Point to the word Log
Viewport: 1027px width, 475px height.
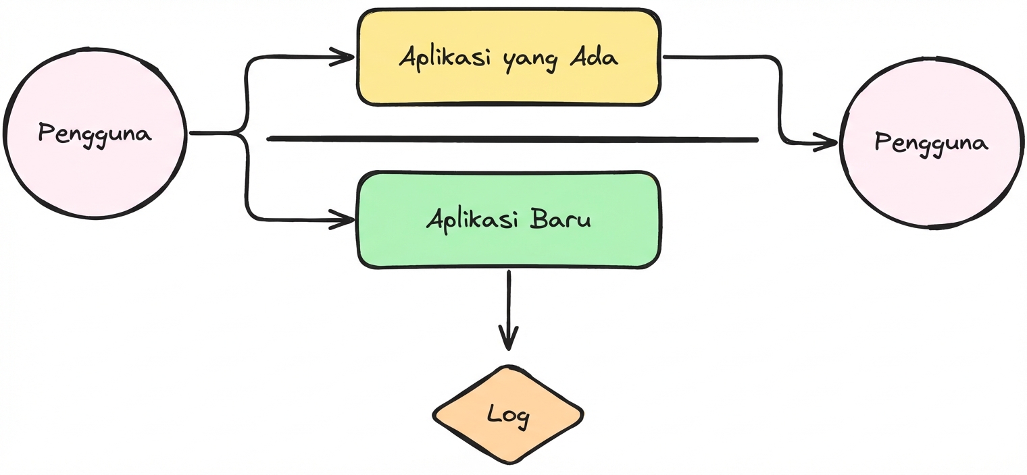[508, 416]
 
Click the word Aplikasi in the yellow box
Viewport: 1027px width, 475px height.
[447, 57]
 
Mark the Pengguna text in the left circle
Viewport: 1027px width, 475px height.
[95, 134]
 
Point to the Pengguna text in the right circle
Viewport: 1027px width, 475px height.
[931, 143]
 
